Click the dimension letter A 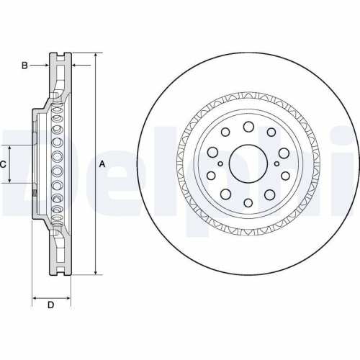click(x=102, y=164)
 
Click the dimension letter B click(x=24, y=66)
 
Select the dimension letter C click(x=4, y=164)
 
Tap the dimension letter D click(x=50, y=305)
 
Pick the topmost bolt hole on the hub click(x=248, y=127)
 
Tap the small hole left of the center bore click(x=220, y=164)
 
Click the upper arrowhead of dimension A click(x=95, y=56)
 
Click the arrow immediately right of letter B click(x=45, y=66)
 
